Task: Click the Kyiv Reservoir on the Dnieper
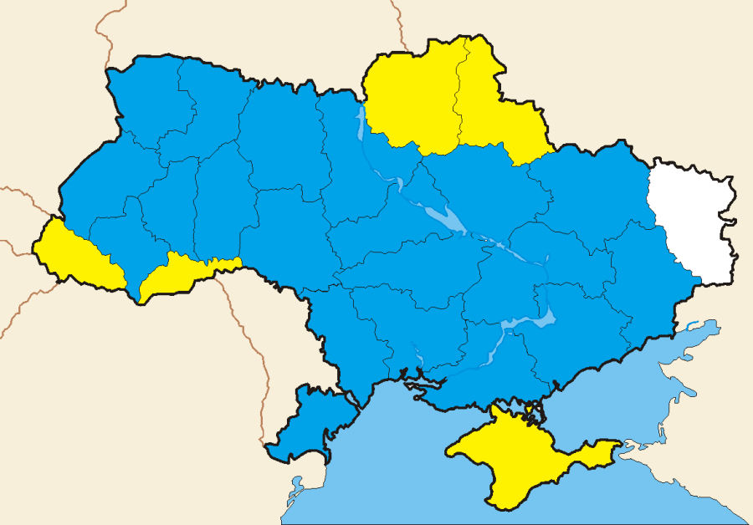pyautogui.click(x=362, y=125)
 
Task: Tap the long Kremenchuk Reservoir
pyautogui.click(x=448, y=221)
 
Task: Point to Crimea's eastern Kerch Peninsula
pyautogui.click(x=598, y=452)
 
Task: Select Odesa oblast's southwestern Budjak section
pyautogui.click(x=310, y=422)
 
